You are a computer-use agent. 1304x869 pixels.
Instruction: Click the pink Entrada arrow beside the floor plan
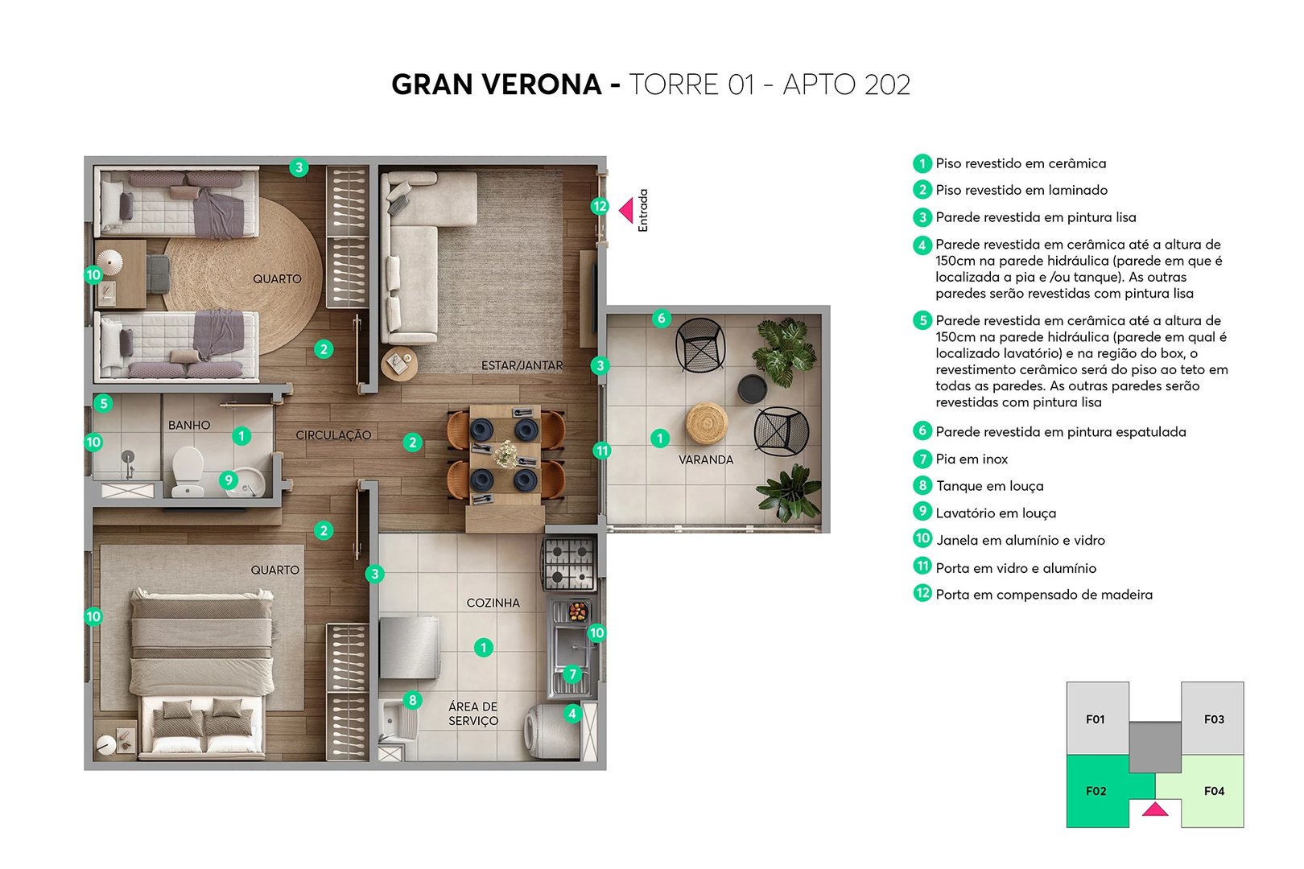click(625, 211)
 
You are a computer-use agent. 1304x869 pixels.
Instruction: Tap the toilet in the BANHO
click(188, 472)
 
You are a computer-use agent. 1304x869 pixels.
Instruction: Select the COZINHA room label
click(493, 603)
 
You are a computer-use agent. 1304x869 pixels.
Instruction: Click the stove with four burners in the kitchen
click(569, 564)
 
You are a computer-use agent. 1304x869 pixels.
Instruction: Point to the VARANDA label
click(705, 459)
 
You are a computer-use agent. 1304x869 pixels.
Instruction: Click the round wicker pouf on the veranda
click(707, 422)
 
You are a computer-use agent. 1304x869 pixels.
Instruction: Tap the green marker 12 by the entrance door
click(599, 206)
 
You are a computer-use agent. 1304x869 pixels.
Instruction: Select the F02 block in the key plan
click(1096, 791)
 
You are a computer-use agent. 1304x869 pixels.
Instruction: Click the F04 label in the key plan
click(1214, 791)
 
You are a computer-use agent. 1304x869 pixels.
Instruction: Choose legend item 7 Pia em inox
click(971, 459)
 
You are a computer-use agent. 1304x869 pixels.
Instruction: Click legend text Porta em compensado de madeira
click(1043, 595)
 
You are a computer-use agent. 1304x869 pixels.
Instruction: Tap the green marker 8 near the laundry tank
click(412, 700)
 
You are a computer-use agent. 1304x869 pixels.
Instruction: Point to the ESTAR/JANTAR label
click(522, 365)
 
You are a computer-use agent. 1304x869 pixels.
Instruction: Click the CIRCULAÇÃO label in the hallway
click(333, 434)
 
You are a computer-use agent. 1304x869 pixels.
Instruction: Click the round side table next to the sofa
click(399, 363)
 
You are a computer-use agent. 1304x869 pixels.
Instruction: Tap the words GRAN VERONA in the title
click(496, 84)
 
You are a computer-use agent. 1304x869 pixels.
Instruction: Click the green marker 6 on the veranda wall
click(661, 318)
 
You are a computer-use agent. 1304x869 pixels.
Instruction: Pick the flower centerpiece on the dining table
click(506, 454)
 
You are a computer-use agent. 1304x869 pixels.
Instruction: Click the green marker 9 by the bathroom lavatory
click(229, 480)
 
